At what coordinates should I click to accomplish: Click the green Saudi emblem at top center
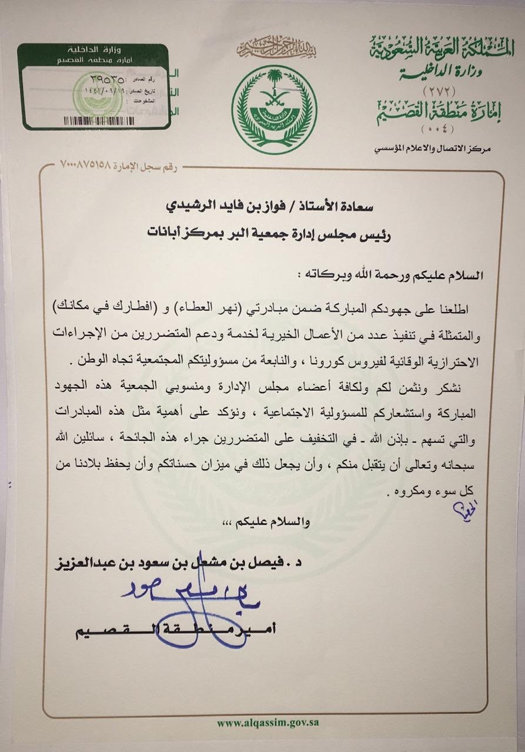click(x=274, y=109)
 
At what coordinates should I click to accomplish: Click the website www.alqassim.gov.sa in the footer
click(x=267, y=722)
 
